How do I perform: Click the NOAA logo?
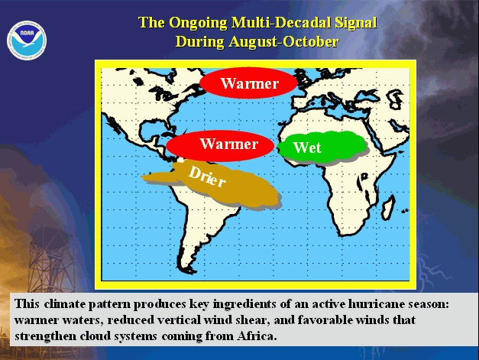tap(27, 41)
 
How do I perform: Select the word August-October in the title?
tap(283, 41)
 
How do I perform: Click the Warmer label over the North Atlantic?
tap(249, 83)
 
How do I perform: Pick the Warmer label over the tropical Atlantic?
tap(229, 144)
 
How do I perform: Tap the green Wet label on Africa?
tap(307, 148)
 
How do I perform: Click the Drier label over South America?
tap(207, 177)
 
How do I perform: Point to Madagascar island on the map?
tap(388, 207)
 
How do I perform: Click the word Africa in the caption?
tap(256, 336)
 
